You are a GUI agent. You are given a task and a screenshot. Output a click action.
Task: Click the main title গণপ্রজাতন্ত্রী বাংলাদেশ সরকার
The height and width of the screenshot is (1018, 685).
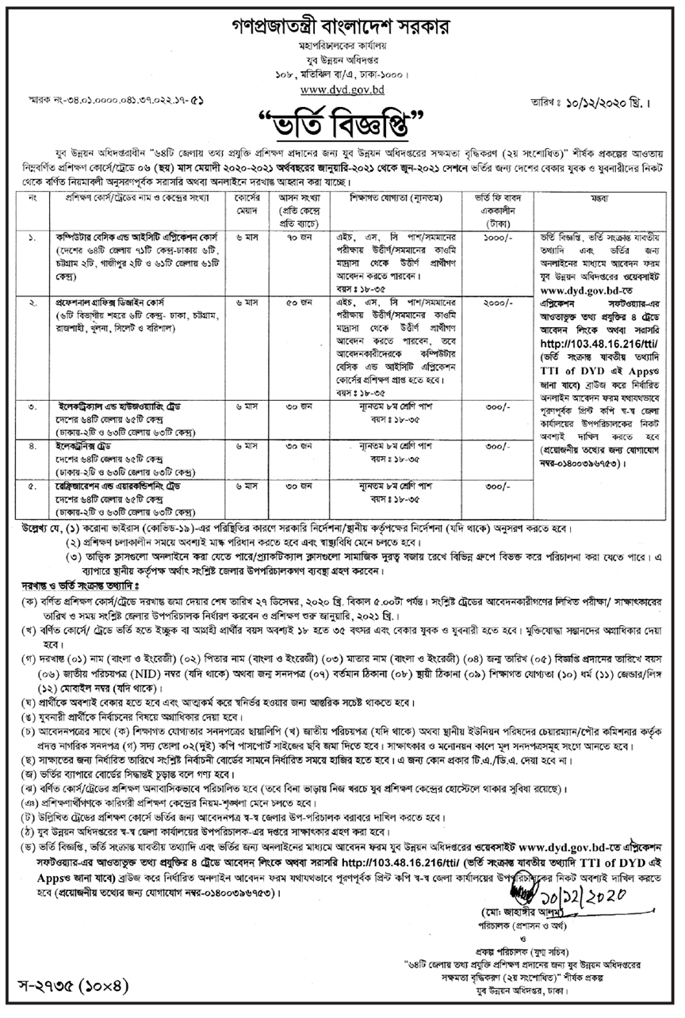(x=342, y=26)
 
